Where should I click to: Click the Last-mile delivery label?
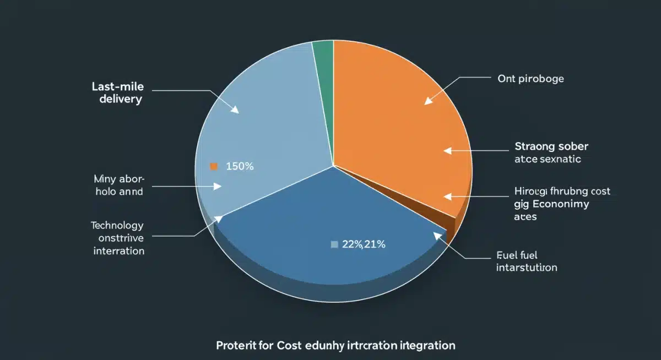pos(117,94)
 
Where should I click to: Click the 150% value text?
pos(240,166)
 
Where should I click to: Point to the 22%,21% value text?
pos(364,245)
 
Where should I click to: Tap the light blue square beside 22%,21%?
pos(334,245)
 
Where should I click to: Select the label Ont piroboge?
pos(530,79)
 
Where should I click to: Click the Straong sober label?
pos(551,146)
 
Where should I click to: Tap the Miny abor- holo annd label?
pos(118,185)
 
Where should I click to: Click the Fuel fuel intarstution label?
pos(526,261)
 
